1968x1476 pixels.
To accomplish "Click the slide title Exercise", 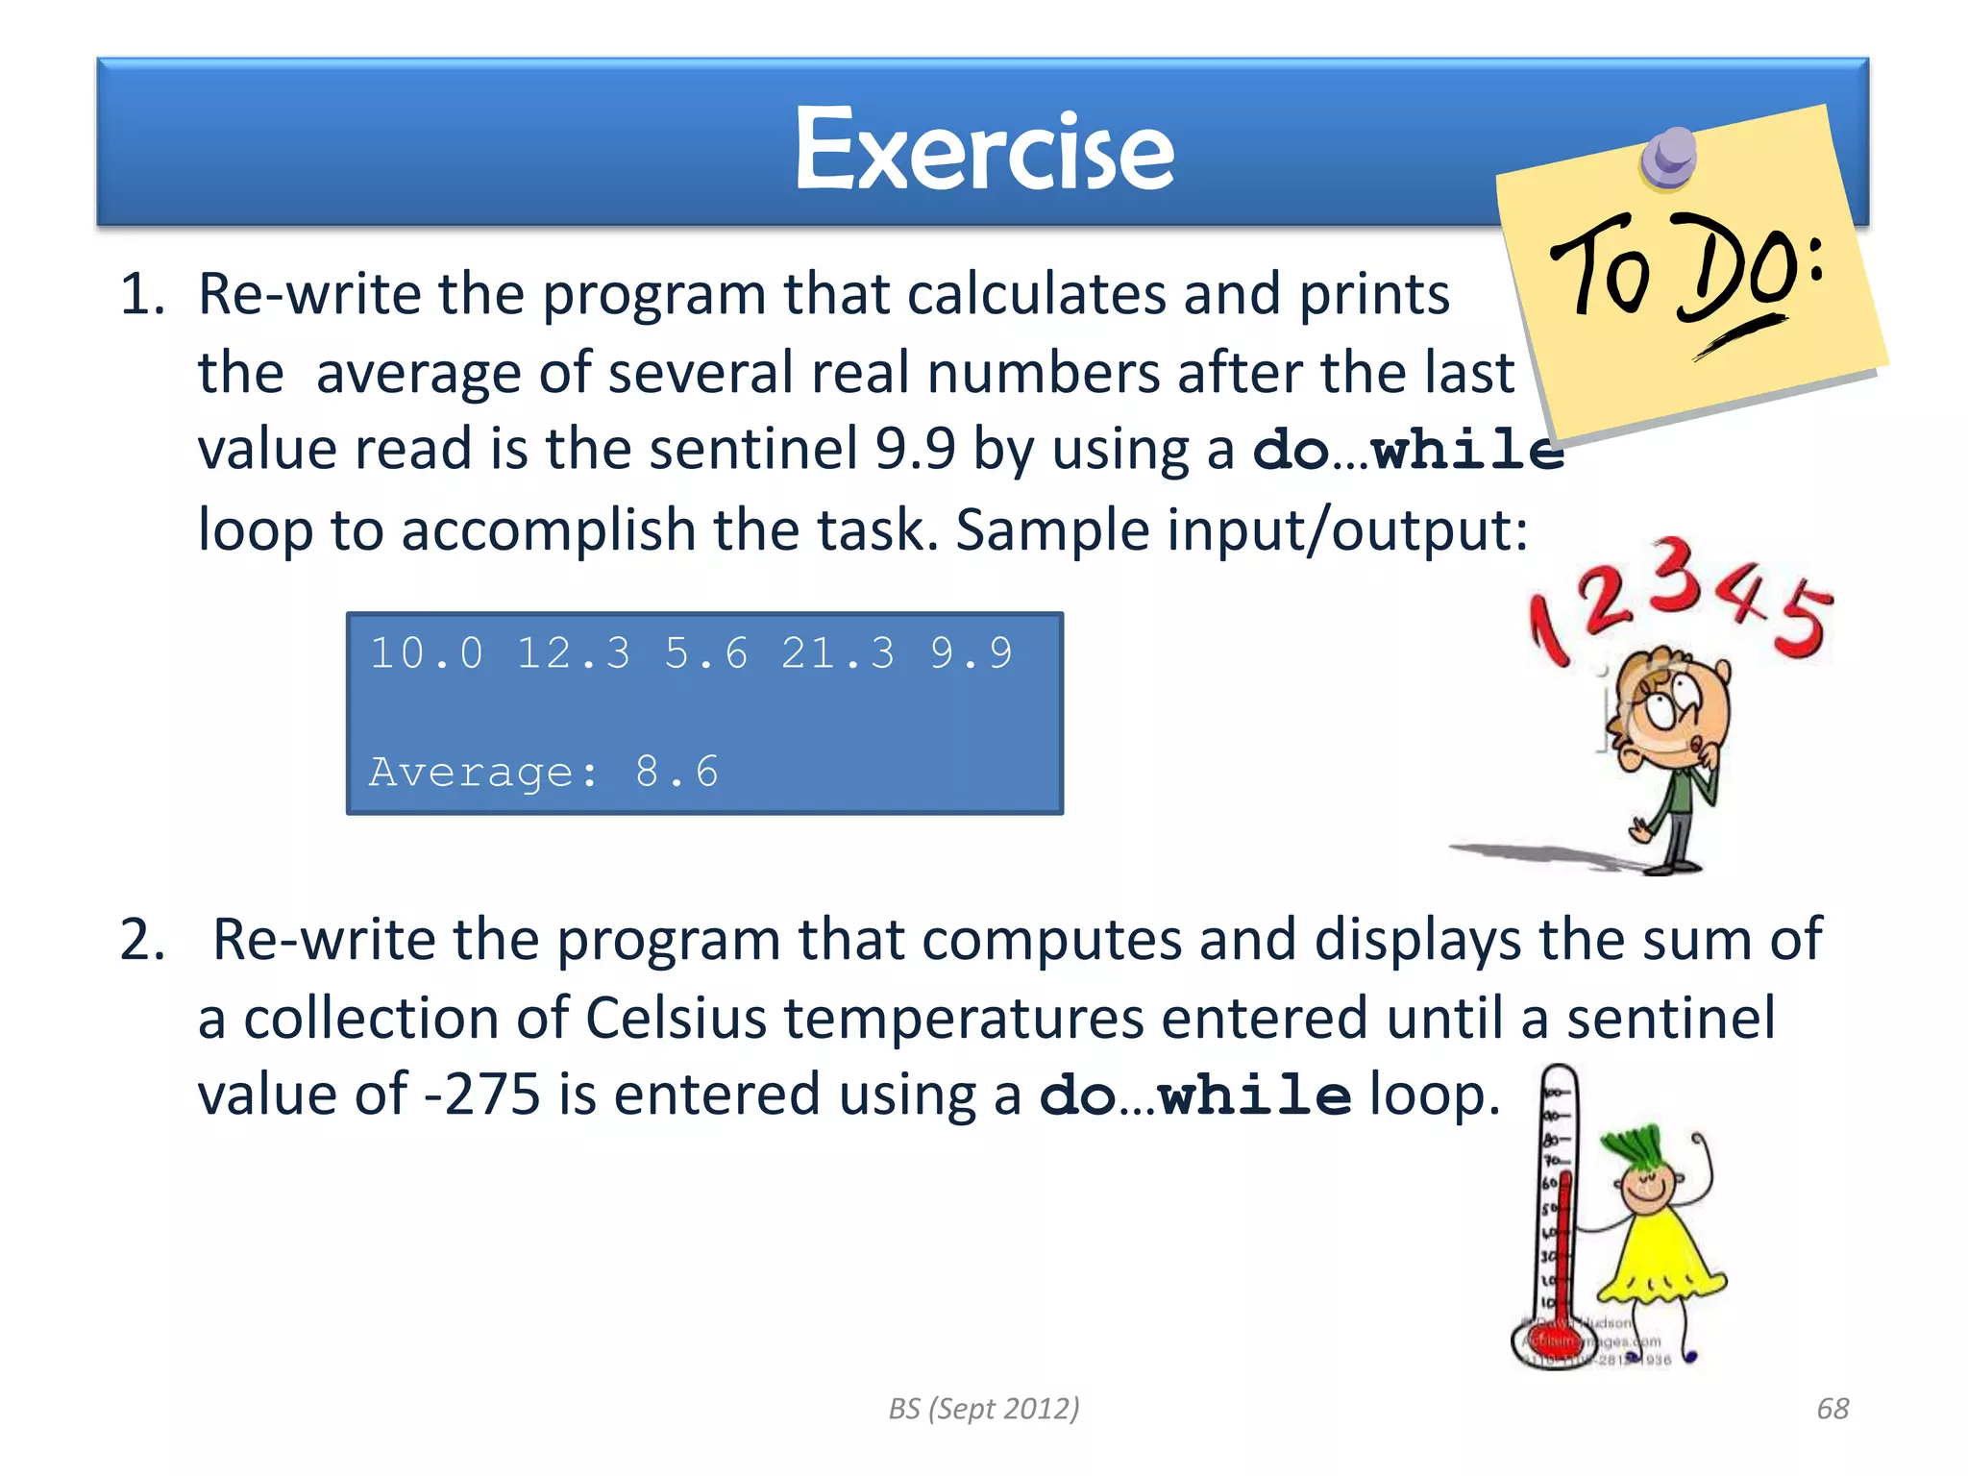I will tap(984, 151).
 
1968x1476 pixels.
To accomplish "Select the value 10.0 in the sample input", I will tap(427, 653).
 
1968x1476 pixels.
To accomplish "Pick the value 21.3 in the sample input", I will tap(837, 653).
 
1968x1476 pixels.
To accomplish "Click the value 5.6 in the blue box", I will tap(705, 653).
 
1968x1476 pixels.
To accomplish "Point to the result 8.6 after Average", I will tap(676, 772).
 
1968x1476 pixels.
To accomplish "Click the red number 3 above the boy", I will tap(1677, 575).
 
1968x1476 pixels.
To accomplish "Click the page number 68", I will tap(1833, 1408).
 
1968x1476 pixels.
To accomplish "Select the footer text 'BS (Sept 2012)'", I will tap(984, 1408).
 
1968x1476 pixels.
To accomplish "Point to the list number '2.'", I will tap(142, 939).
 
